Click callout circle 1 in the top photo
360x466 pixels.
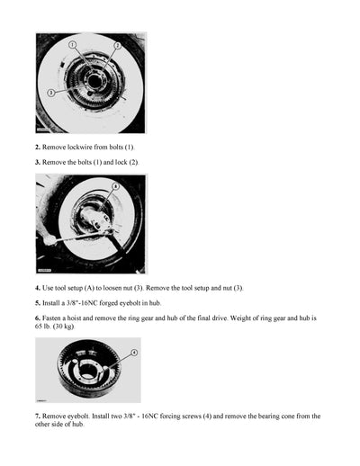(73, 44)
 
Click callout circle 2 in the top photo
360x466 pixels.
(116, 44)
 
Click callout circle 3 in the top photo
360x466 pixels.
(51, 92)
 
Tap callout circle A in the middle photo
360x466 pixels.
(114, 186)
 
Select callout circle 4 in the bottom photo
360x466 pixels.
(133, 354)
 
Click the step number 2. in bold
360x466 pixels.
(38, 146)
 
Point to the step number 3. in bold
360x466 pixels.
(38, 162)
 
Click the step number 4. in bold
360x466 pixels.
(38, 287)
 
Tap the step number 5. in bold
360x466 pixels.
(38, 303)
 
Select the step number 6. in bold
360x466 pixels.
(38, 318)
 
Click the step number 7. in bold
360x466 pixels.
(38, 417)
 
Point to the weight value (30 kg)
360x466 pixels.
(74, 327)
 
